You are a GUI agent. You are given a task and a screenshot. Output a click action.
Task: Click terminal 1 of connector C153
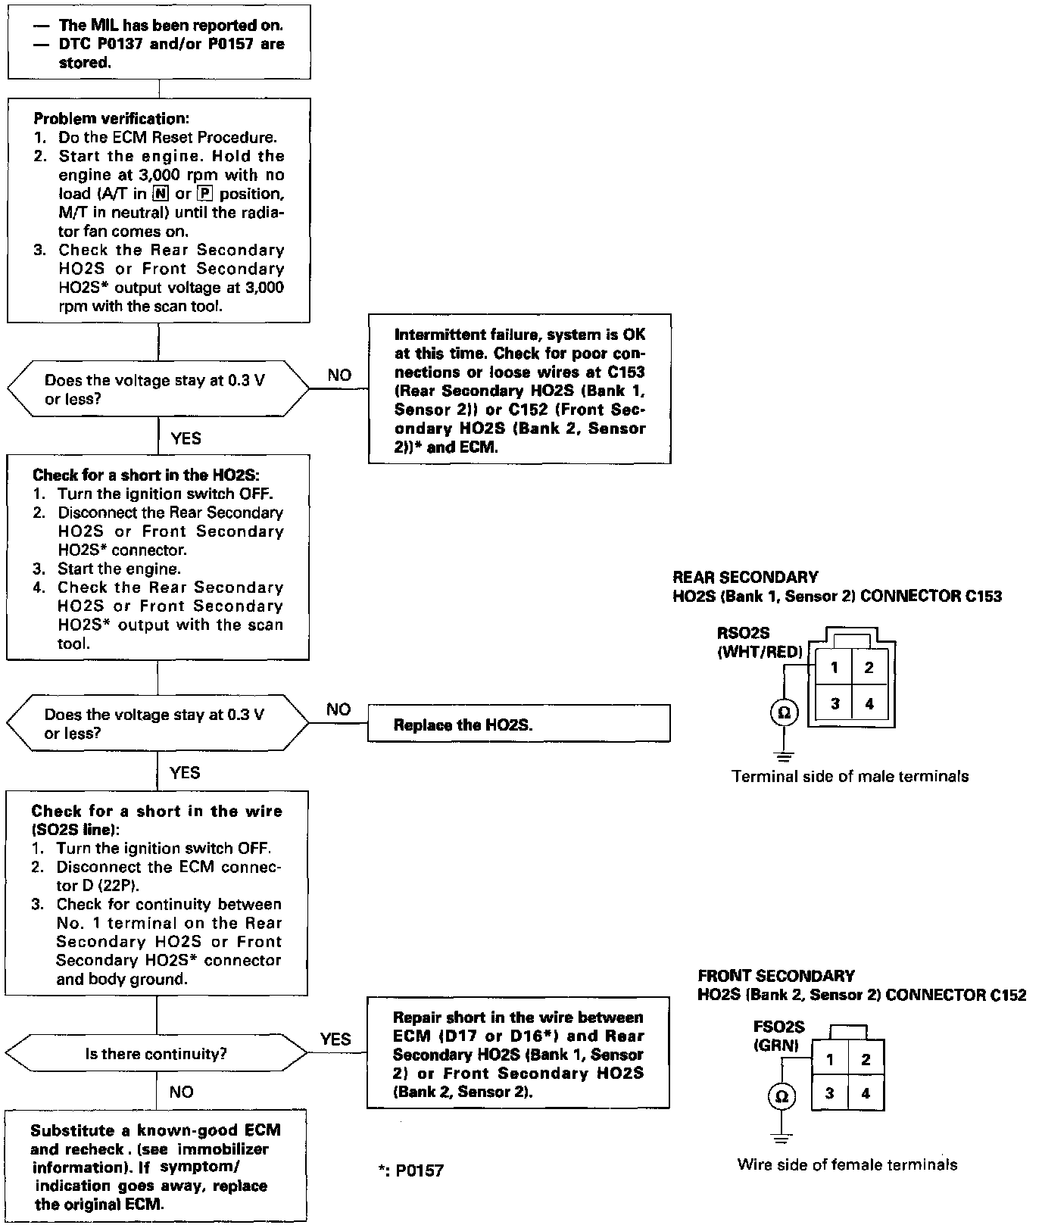pos(834,668)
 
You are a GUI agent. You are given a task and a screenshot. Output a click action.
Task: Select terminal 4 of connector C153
pos(869,704)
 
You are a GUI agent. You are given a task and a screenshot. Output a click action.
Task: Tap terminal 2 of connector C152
pos(866,1059)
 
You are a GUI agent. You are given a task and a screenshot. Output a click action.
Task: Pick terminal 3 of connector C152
pos(830,1093)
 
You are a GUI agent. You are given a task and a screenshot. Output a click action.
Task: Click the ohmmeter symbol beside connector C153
pos(784,712)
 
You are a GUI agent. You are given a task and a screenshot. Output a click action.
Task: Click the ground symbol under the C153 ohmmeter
pos(784,755)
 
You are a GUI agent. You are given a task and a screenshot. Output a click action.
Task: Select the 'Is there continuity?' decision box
pos(156,1053)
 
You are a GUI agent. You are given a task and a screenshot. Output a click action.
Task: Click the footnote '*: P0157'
pos(410,1170)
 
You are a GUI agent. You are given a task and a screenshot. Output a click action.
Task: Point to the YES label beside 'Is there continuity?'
pos(335,1039)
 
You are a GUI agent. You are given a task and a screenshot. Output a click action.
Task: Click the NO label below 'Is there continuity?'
pos(181,1092)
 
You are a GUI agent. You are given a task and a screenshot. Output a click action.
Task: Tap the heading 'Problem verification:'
pos(111,119)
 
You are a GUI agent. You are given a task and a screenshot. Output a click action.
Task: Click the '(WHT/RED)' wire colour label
pos(759,652)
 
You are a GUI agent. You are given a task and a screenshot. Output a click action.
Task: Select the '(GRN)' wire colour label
pos(776,1046)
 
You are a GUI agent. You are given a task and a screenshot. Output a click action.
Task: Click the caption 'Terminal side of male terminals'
pos(850,776)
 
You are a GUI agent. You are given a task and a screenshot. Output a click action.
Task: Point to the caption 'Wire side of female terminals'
pos(847,1164)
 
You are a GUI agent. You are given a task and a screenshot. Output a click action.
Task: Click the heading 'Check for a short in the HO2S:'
pos(146,475)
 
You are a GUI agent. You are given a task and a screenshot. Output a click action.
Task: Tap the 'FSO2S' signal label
pos(778,1027)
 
